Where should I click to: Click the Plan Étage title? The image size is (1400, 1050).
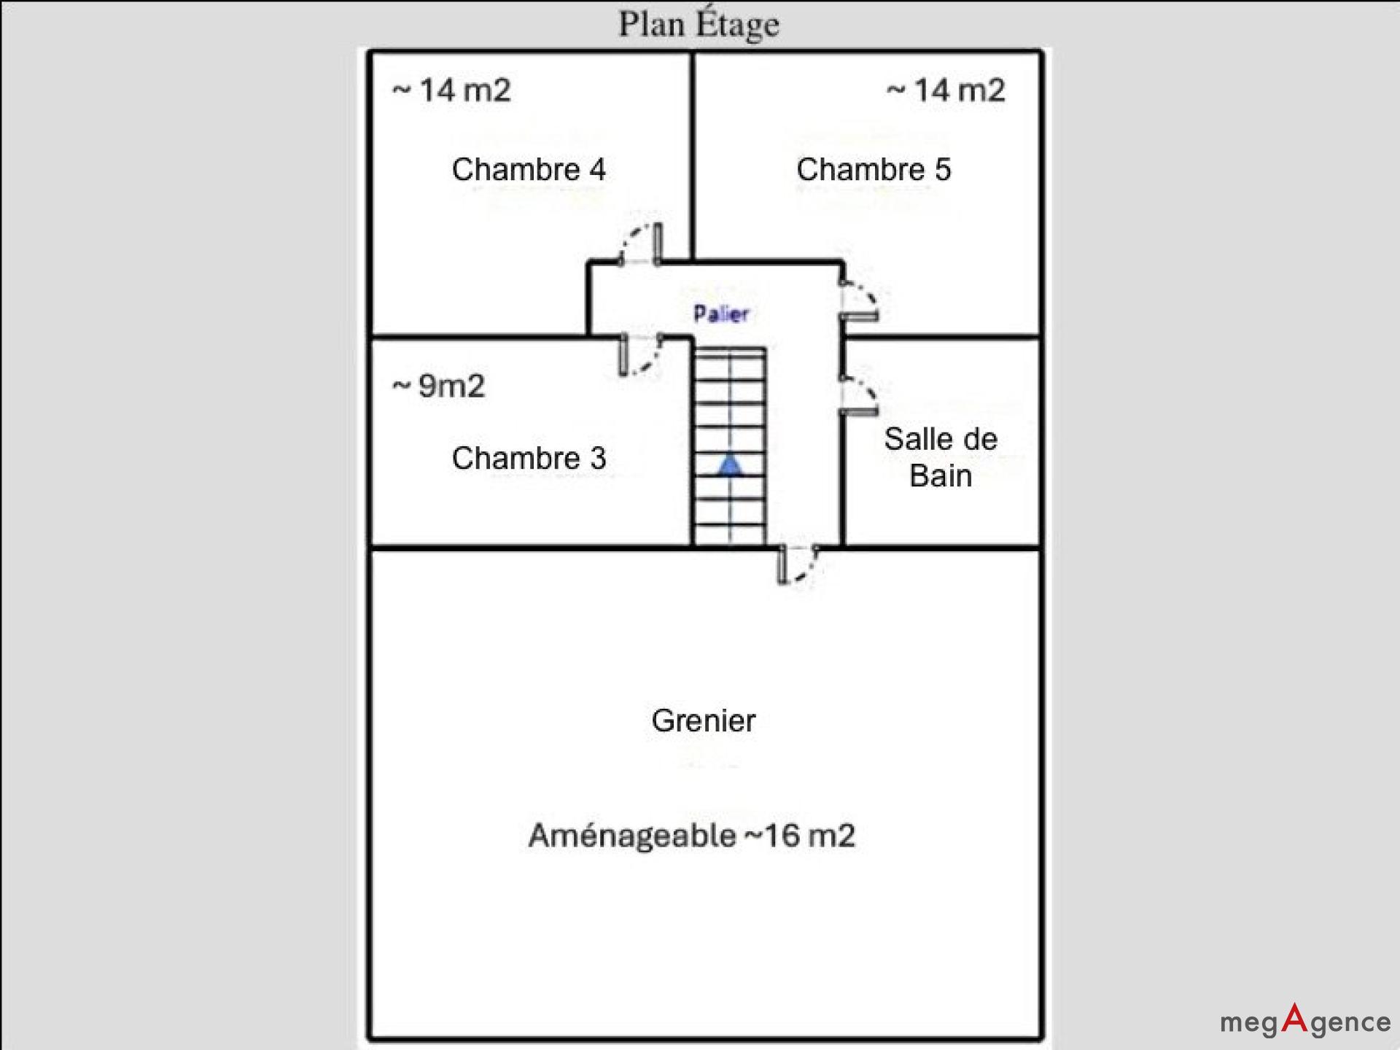pyautogui.click(x=699, y=24)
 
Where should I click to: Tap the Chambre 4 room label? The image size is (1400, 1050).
pyautogui.click(x=529, y=169)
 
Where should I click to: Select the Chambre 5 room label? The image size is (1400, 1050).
pyautogui.click(x=874, y=169)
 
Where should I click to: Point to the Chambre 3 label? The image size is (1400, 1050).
pyautogui.click(x=529, y=458)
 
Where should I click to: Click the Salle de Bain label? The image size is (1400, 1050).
pyautogui.click(x=941, y=457)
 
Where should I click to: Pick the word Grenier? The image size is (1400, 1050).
pyautogui.click(x=704, y=720)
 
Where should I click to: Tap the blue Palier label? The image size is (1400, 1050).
pyautogui.click(x=720, y=314)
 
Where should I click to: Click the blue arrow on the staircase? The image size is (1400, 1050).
pyautogui.click(x=730, y=464)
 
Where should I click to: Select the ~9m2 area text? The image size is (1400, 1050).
pyautogui.click(x=438, y=386)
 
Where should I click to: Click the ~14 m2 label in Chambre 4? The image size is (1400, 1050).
pyautogui.click(x=451, y=90)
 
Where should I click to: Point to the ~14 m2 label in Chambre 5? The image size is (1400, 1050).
pyautogui.click(x=946, y=90)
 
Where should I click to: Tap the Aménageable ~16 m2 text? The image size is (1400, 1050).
pyautogui.click(x=691, y=836)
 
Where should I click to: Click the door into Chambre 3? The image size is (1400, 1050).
pyautogui.click(x=640, y=355)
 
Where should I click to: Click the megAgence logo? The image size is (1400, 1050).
pyautogui.click(x=1305, y=1021)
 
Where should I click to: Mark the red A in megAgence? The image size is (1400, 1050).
pyautogui.click(x=1294, y=1018)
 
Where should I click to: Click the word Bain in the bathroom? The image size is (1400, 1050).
pyautogui.click(x=941, y=476)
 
